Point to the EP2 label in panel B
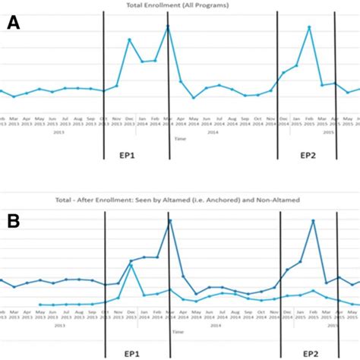(310, 354)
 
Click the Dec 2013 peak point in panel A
(129, 39)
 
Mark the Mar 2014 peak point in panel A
(168, 27)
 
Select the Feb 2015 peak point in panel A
(310, 27)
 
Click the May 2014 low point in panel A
(194, 97)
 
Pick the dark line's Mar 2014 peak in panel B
(168, 220)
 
